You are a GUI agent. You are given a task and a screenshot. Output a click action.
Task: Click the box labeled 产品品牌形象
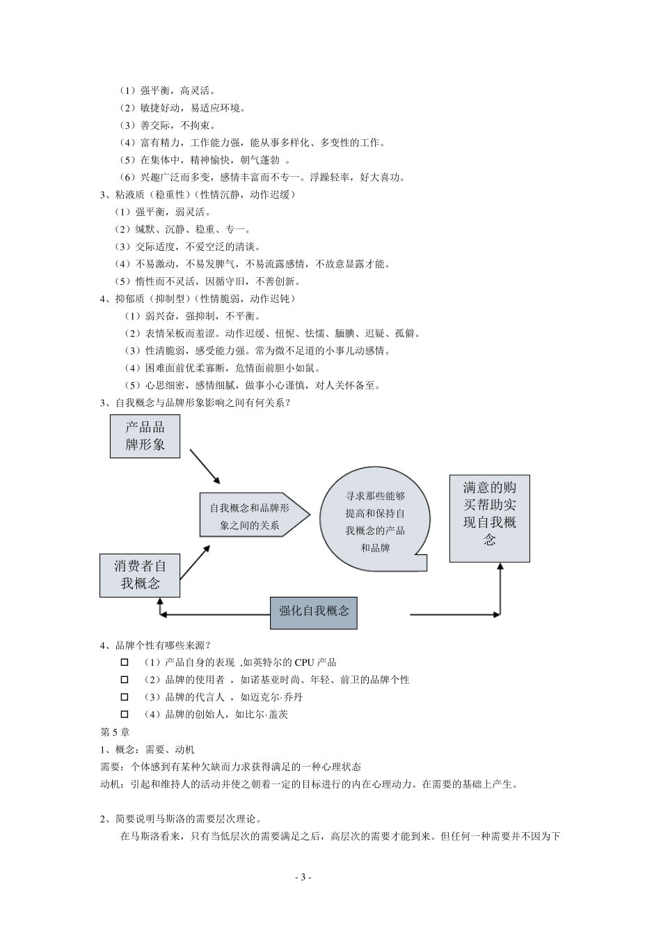pyautogui.click(x=145, y=436)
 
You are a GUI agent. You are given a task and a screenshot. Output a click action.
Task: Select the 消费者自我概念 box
pyautogui.click(x=140, y=575)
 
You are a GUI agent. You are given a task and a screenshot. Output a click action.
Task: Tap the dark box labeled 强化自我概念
pyautogui.click(x=314, y=611)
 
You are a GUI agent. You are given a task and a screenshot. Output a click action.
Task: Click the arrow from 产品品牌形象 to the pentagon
pyautogui.click(x=205, y=467)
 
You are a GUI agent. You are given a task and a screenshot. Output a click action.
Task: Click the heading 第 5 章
pyautogui.click(x=115, y=732)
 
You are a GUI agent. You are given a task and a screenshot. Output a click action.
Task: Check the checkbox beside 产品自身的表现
pyautogui.click(x=125, y=662)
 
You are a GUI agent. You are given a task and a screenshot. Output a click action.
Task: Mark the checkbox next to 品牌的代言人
pyautogui.click(x=125, y=697)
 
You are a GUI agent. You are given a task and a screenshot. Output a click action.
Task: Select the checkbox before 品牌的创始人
pyautogui.click(x=125, y=715)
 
